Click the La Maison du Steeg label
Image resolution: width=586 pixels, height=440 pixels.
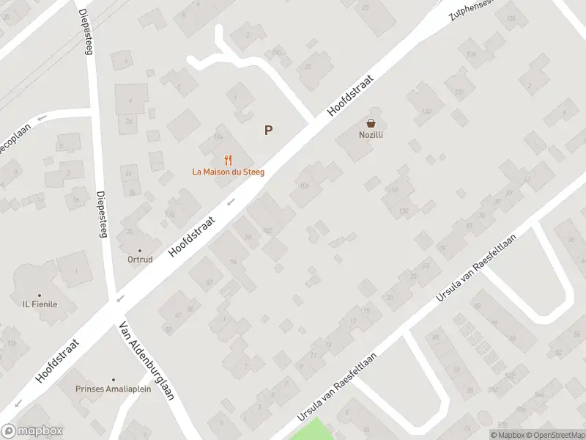(x=228, y=172)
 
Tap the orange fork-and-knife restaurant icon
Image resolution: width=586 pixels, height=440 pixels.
(x=228, y=159)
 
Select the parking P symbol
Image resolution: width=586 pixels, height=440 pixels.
(x=269, y=131)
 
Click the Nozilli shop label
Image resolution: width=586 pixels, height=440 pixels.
(x=371, y=135)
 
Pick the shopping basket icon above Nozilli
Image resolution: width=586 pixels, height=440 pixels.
(x=371, y=123)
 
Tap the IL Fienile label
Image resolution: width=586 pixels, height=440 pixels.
(x=40, y=304)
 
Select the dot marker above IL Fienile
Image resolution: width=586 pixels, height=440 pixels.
(x=40, y=294)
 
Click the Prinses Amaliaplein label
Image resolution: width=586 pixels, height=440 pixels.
(x=114, y=389)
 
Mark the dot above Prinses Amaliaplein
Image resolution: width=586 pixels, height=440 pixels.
(x=113, y=379)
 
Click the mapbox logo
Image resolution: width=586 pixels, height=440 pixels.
(x=32, y=431)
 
